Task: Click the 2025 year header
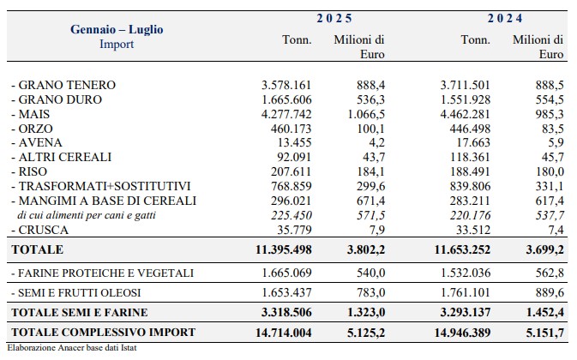point(334,18)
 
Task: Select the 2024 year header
point(505,18)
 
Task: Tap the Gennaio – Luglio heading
point(117,29)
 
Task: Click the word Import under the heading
point(117,44)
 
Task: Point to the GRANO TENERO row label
point(63,85)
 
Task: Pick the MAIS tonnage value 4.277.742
point(286,114)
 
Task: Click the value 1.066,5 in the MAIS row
point(366,114)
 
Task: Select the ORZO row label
point(32,129)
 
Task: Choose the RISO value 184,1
point(370,171)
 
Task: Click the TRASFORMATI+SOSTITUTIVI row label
point(101,186)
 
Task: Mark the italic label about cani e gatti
point(87,215)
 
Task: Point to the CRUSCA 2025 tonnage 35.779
point(294,230)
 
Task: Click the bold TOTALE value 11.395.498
point(284,249)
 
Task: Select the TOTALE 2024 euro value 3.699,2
point(544,249)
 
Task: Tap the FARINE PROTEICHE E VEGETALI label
point(102,273)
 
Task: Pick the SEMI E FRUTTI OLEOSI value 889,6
point(550,292)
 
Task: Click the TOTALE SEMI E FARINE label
point(80,312)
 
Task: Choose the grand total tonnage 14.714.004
point(284,333)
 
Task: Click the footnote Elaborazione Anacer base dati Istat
point(72,347)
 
